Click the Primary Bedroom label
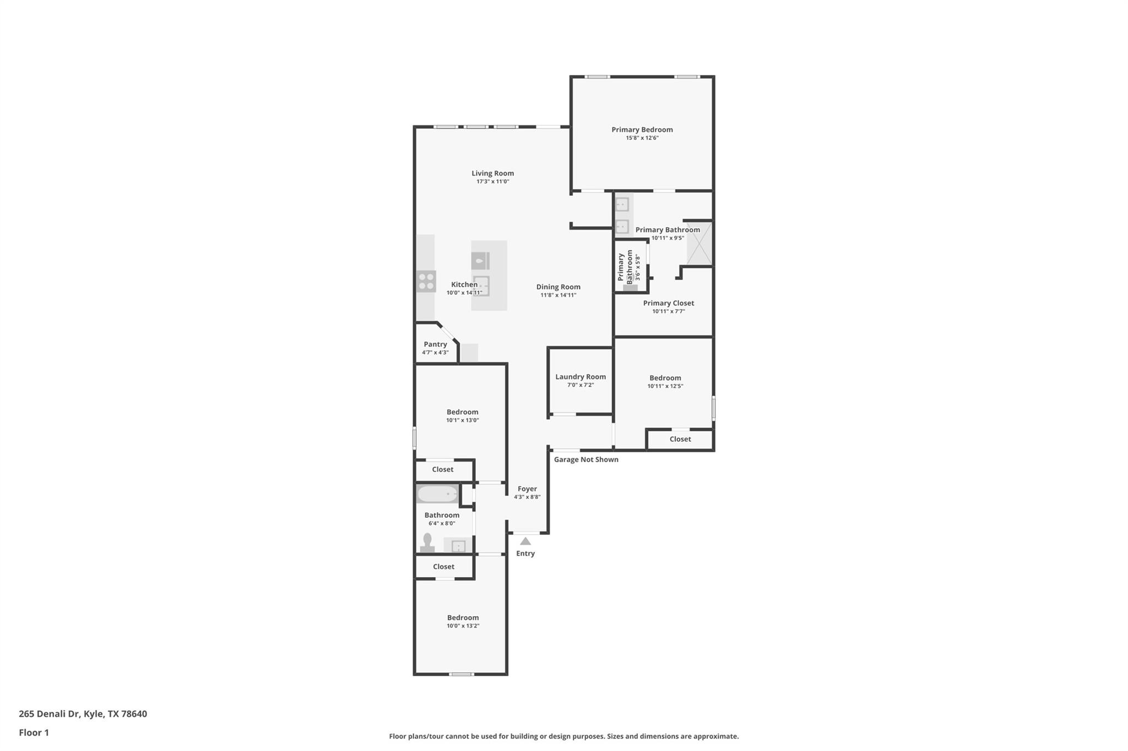(642, 130)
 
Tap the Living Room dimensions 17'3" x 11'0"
(492, 182)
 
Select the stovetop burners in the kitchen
(426, 281)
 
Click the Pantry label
(435, 344)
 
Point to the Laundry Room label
(580, 377)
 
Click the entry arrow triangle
(525, 541)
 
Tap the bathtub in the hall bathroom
(437, 494)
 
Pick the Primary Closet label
(668, 303)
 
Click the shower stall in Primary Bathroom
(699, 243)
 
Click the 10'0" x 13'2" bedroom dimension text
(463, 626)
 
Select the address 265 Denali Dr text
(83, 714)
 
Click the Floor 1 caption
(34, 733)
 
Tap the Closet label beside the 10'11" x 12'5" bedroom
(680, 439)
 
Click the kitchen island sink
(481, 286)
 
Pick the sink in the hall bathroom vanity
(458, 546)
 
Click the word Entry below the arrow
(525, 553)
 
